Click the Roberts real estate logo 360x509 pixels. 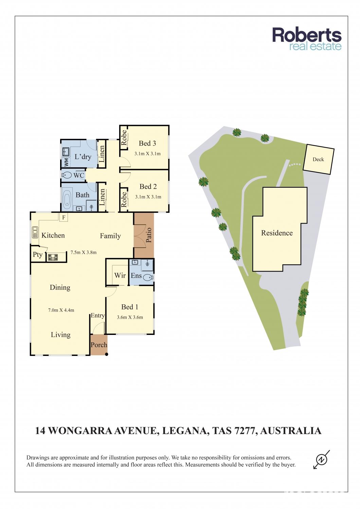[307, 39]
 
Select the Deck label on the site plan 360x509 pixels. [318, 159]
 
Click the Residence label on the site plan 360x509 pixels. [277, 233]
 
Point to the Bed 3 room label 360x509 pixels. [147, 143]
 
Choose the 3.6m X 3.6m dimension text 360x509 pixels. [130, 317]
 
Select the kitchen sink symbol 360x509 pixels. [35, 232]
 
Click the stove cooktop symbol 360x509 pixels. [53, 257]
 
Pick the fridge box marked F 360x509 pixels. [64, 218]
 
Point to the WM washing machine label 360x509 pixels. [66, 162]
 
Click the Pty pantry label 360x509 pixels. [37, 255]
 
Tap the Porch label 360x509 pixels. [99, 345]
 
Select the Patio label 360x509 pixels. [149, 235]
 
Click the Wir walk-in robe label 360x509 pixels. [120, 276]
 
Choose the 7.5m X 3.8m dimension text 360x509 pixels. [84, 252]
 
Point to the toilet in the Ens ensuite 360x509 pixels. [148, 277]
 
